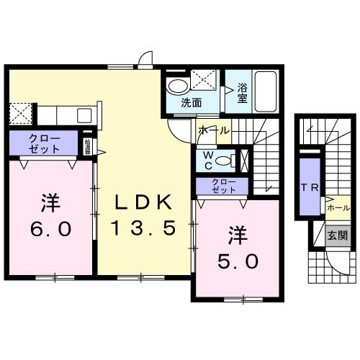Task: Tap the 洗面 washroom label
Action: (x=191, y=102)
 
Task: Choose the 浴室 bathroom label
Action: (x=243, y=94)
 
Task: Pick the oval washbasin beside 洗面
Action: (x=176, y=86)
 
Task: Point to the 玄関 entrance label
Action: (x=337, y=235)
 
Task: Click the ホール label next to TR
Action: (x=338, y=207)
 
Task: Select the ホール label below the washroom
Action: (x=213, y=130)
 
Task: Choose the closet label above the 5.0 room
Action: (x=223, y=186)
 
